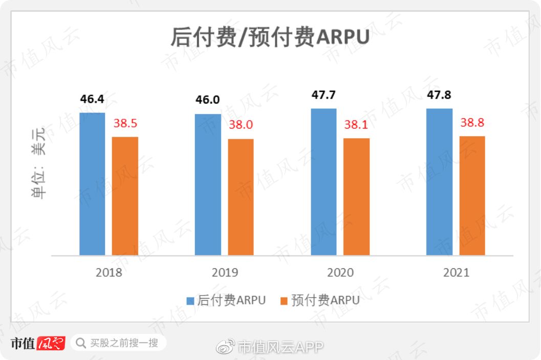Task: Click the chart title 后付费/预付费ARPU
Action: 270,38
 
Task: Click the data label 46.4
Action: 92,99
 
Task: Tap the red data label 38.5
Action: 125,123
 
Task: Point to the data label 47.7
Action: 324,95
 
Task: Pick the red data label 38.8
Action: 472,123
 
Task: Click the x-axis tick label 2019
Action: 224,272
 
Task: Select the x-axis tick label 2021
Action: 456,272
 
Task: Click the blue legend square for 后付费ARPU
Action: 190,301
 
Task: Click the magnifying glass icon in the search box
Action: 80,343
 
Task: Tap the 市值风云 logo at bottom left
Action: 38,343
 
